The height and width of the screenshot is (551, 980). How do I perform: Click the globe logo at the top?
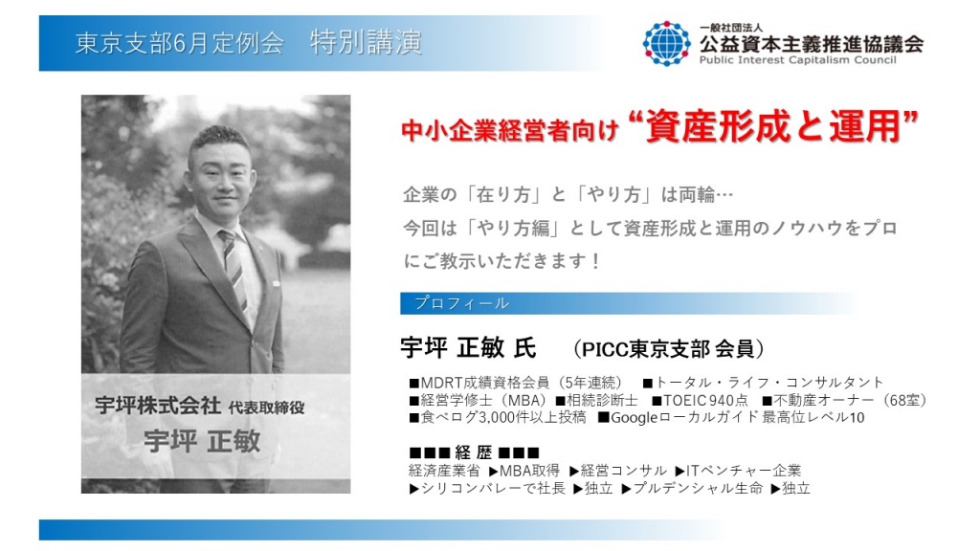[667, 43]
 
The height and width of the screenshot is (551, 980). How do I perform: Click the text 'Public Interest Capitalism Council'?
[797, 60]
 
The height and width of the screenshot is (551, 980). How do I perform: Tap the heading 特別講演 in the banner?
[366, 42]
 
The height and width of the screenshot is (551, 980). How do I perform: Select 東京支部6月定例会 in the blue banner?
[179, 43]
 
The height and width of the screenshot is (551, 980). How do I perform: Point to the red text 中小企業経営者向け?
[509, 130]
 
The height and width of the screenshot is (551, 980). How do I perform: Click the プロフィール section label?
[462, 303]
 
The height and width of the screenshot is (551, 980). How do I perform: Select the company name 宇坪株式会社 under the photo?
[158, 406]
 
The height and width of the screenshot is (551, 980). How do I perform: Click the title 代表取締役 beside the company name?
[266, 408]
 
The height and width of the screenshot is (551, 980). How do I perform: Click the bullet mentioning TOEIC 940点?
[700, 401]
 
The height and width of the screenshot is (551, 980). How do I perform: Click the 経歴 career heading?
[474, 452]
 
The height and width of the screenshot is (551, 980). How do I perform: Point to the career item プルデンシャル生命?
[692, 489]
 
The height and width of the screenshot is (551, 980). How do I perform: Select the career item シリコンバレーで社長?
[487, 489]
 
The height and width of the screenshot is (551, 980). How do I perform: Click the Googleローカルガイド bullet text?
[730, 417]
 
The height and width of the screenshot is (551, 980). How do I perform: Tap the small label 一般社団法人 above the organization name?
[730, 28]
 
